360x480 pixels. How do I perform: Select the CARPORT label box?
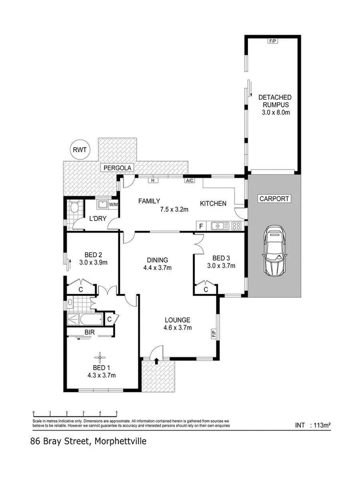pyautogui.click(x=274, y=199)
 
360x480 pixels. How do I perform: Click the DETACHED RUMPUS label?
pyautogui.click(x=274, y=101)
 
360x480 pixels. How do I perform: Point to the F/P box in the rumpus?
pyautogui.click(x=272, y=41)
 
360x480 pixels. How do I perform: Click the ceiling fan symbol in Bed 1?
pyautogui.click(x=99, y=358)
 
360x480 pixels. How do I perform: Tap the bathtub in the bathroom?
pyautogui.click(x=85, y=321)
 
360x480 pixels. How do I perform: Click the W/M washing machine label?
pyautogui.click(x=113, y=204)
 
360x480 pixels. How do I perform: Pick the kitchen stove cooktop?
pyautogui.click(x=236, y=226)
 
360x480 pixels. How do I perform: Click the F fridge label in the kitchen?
pyautogui.click(x=201, y=226)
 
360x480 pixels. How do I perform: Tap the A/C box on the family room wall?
pyautogui.click(x=189, y=180)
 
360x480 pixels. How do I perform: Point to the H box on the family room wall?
pyautogui.click(x=153, y=180)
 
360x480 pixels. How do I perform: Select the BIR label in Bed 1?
pyautogui.click(x=89, y=333)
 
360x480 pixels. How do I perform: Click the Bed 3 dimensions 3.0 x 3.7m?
pyautogui.click(x=222, y=265)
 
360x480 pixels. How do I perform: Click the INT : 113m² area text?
pyautogui.click(x=313, y=425)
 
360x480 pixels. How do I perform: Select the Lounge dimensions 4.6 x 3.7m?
pyautogui.click(x=177, y=328)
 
